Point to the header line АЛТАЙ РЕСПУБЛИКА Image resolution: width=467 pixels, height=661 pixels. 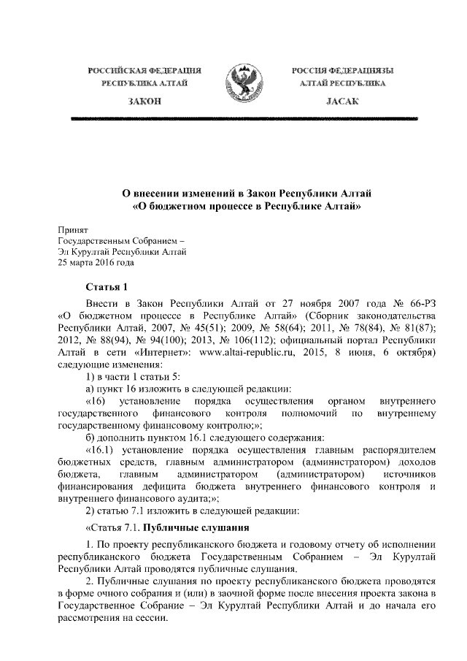[x=342, y=84]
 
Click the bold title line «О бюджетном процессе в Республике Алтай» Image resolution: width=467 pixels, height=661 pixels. [x=246, y=206]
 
